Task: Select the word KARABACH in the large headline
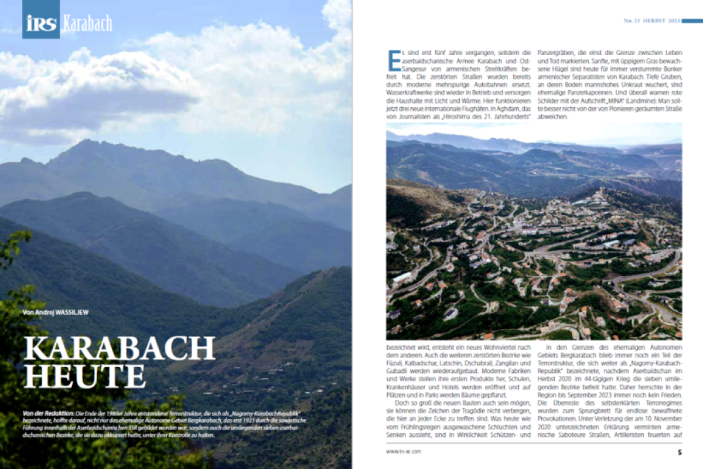pyautogui.click(x=120, y=349)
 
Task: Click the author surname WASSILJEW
pyautogui.click(x=73, y=312)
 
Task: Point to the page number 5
pyautogui.click(x=680, y=452)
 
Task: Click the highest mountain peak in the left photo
pyautogui.click(x=86, y=142)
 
